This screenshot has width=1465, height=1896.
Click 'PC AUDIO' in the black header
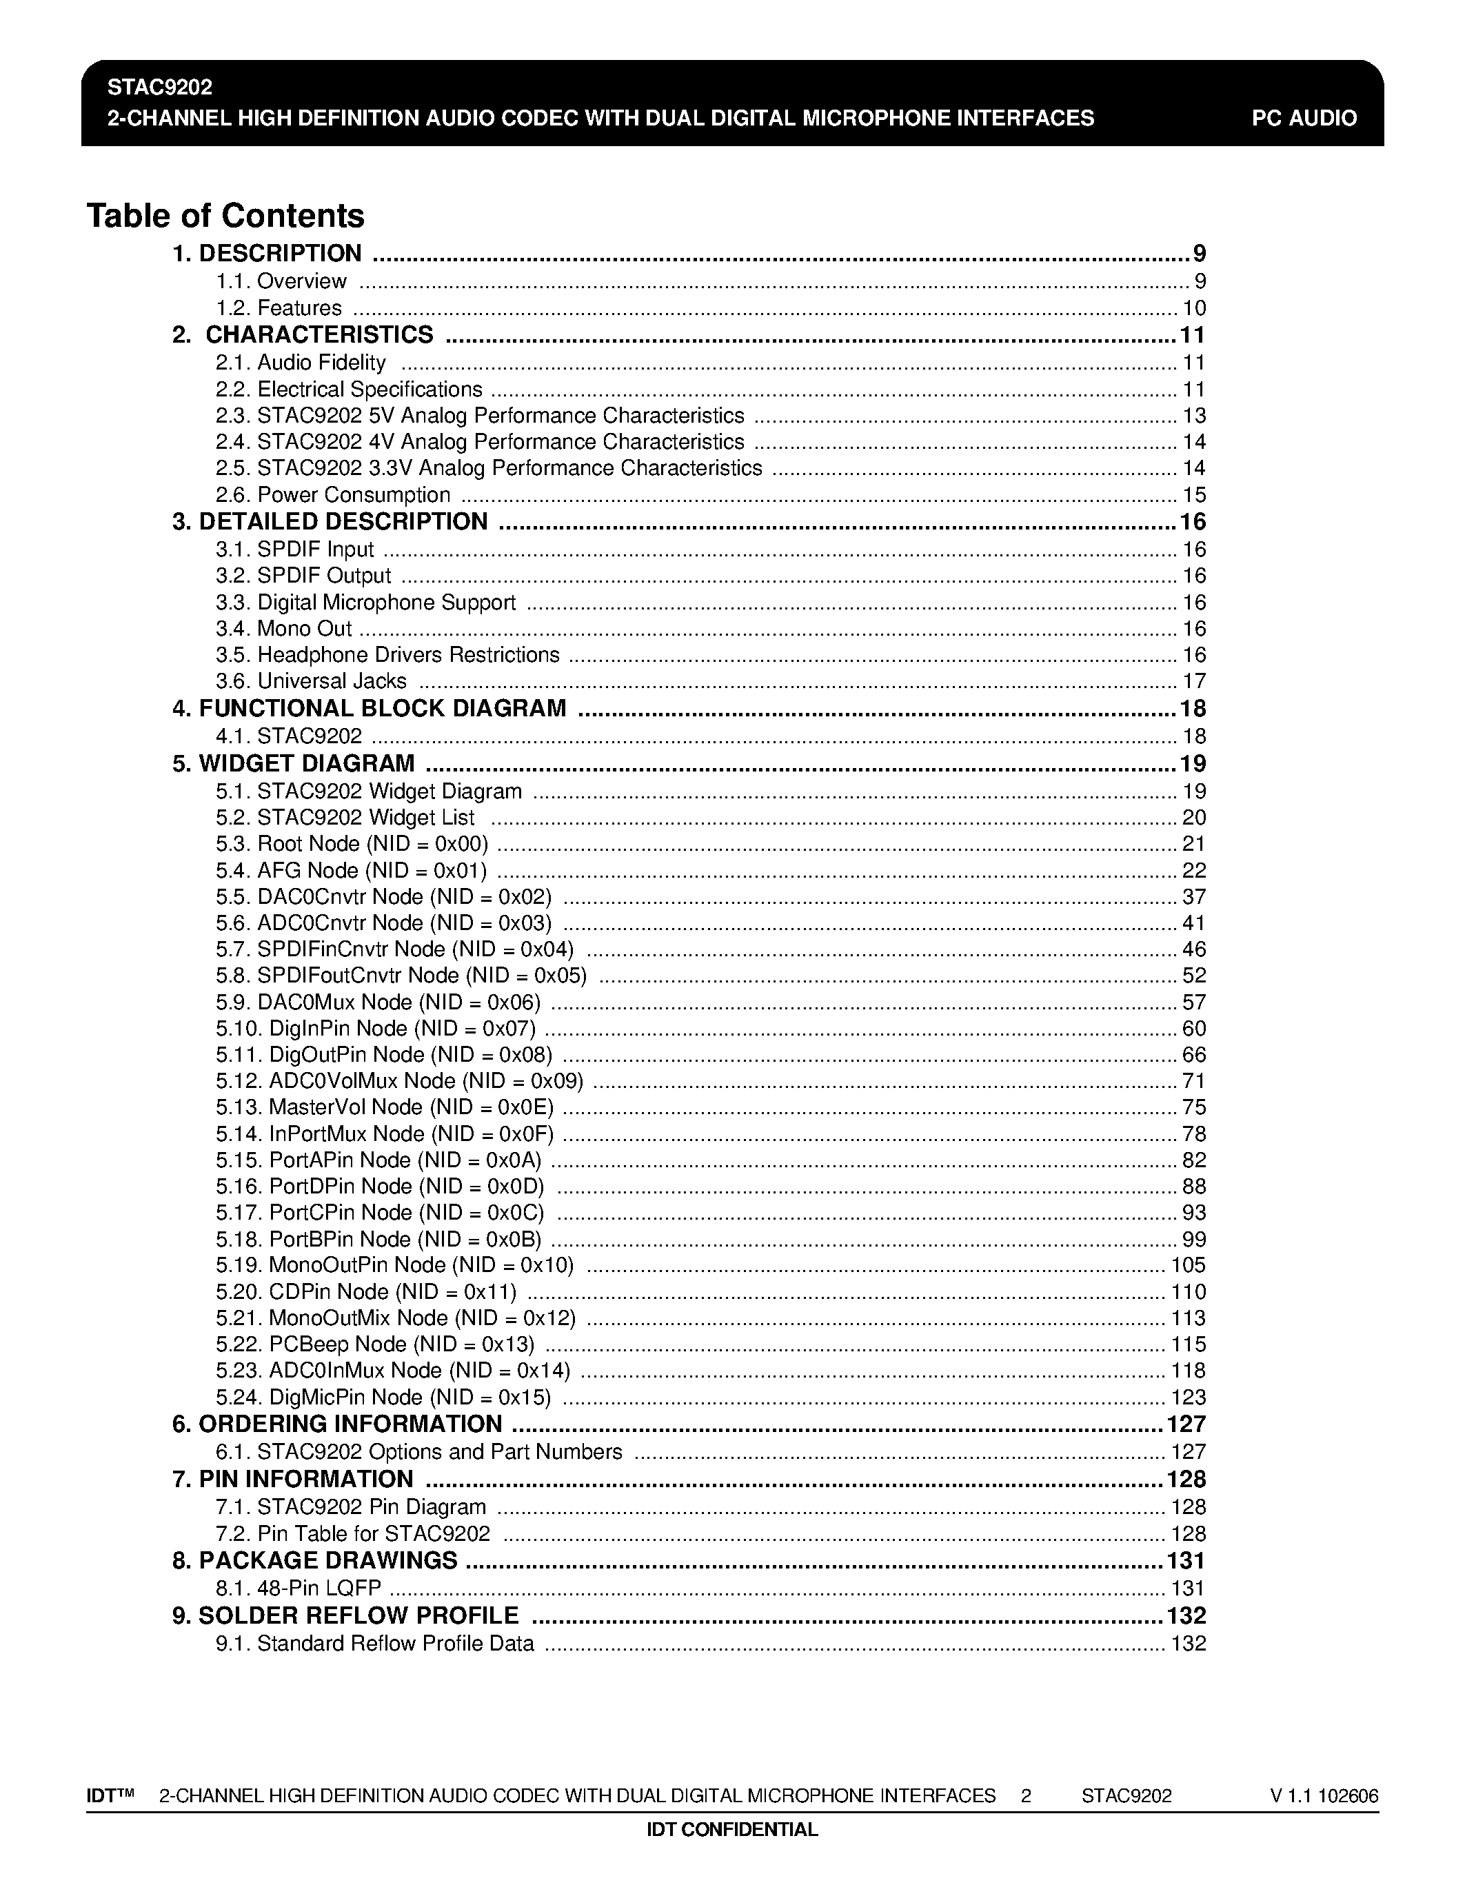point(1304,118)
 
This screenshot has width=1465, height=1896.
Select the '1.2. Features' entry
point(279,308)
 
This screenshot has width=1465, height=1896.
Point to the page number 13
point(1194,416)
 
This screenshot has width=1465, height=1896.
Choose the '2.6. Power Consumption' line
point(333,495)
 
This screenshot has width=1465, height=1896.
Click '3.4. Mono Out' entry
point(284,629)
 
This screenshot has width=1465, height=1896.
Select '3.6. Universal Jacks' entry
point(311,681)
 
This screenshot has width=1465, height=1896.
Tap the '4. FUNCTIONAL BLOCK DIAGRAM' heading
point(369,708)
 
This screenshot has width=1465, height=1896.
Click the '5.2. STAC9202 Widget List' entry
point(345,818)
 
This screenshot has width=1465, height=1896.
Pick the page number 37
point(1194,897)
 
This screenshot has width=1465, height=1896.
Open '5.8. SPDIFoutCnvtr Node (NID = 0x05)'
point(401,976)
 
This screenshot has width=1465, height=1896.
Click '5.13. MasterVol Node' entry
point(385,1108)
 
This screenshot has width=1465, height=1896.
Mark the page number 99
point(1194,1240)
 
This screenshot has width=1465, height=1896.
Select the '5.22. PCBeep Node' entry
point(375,1344)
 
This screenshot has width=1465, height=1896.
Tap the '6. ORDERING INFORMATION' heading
point(336,1424)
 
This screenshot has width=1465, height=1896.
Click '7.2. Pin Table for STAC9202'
point(353,1534)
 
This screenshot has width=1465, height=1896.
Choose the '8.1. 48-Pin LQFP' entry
point(299,1589)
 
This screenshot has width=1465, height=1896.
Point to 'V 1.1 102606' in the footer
point(1324,1796)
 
